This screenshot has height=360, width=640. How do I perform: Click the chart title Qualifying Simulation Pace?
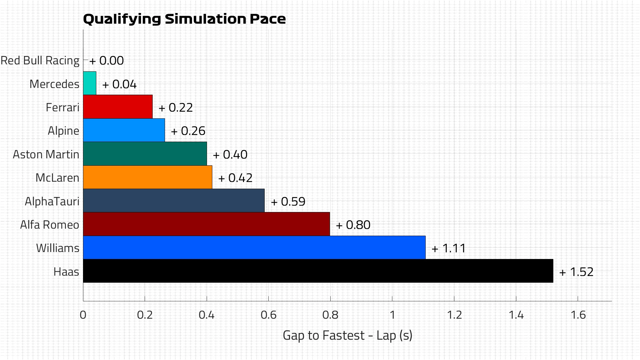[x=184, y=19]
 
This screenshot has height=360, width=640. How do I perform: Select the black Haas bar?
[x=318, y=271]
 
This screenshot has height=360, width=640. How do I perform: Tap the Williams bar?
[x=254, y=248]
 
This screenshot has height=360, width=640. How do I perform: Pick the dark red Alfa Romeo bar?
[x=206, y=224]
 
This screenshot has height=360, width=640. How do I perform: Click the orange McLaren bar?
[x=147, y=177]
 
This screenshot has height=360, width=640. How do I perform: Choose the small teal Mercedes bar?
[x=89, y=83]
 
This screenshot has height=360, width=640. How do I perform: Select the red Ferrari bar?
[x=118, y=107]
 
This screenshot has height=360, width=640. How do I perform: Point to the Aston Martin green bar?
[x=145, y=154]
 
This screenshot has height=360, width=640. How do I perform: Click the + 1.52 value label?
[x=576, y=272]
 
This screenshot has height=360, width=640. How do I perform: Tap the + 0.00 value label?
[x=107, y=61]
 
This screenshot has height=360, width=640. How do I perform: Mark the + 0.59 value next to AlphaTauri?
[x=288, y=202]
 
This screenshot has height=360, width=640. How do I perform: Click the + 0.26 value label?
[x=188, y=131]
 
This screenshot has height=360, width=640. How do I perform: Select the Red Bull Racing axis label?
[x=40, y=61]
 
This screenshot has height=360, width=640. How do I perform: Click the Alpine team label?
[x=63, y=131]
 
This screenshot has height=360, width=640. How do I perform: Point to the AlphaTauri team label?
[x=52, y=201]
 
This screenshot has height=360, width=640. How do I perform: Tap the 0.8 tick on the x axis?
[x=330, y=315]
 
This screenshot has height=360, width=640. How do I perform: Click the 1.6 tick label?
[x=578, y=315]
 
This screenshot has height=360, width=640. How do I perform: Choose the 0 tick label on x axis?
[x=83, y=315]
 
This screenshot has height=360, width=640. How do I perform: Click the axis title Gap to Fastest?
[x=347, y=335]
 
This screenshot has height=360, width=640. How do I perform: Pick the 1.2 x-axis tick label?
[x=454, y=315]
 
